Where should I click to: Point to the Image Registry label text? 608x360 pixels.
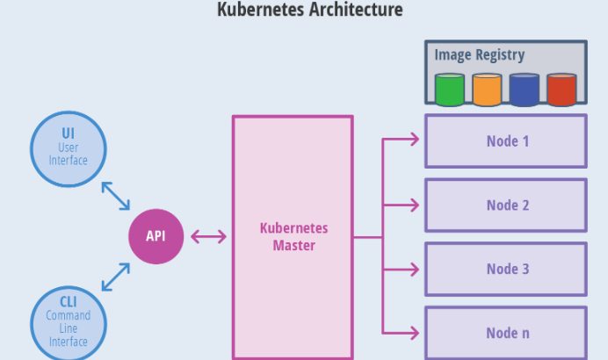479,54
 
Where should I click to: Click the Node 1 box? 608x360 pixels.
506,140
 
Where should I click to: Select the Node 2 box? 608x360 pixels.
506,205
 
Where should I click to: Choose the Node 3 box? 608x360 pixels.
506,269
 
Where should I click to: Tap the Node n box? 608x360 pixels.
506,333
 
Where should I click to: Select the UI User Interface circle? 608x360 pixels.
68,148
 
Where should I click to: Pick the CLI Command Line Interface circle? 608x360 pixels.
68,322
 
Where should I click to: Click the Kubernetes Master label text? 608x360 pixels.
293,236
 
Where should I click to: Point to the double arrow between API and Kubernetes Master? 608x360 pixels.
208,236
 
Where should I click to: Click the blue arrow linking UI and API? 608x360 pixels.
115,196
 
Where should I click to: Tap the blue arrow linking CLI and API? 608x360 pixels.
115,277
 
